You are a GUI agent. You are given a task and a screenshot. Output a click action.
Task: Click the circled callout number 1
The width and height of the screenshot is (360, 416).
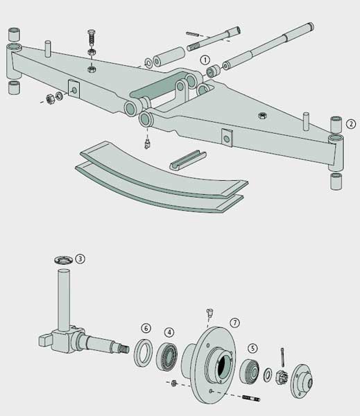pyautogui.click(x=205, y=60)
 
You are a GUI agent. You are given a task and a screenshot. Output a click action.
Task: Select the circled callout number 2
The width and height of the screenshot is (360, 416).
pyautogui.click(x=351, y=125)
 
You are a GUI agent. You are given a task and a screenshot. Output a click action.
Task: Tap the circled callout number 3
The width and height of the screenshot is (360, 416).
pyautogui.click(x=80, y=259)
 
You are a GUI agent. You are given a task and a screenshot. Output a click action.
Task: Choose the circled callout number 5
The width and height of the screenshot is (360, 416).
pyautogui.click(x=252, y=349)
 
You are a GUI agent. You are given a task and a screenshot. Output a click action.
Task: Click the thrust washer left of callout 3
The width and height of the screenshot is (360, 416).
pyautogui.click(x=60, y=260)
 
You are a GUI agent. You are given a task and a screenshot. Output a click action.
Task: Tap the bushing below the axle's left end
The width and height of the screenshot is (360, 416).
pyautogui.click(x=13, y=87)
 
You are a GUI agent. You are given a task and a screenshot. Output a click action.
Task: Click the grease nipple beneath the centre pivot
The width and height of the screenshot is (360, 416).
pyautogui.click(x=147, y=143)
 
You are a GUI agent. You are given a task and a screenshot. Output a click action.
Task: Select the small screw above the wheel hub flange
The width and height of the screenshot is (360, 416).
pyautogui.click(x=209, y=313)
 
